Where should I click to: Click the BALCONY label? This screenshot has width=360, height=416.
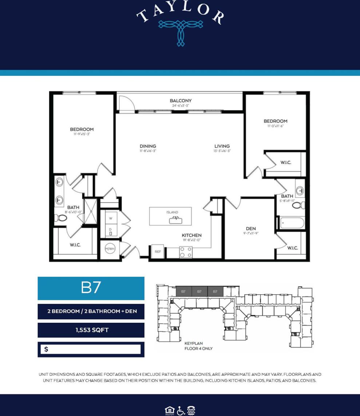(181, 101)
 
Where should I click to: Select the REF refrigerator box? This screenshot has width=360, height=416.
(158, 251)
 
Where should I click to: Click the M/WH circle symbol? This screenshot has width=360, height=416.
(110, 249)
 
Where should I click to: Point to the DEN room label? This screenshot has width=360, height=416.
(251, 228)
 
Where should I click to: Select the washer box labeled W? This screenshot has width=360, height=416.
(111, 218)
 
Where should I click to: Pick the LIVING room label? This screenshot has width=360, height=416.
(222, 146)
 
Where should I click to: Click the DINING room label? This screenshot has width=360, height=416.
(148, 146)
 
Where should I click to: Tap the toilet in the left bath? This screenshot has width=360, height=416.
(61, 218)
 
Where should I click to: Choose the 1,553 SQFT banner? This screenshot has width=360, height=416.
(91, 330)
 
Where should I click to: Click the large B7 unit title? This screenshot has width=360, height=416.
(91, 288)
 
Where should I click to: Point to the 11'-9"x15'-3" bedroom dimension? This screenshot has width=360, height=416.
(82, 134)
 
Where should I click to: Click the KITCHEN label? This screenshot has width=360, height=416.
(191, 235)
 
